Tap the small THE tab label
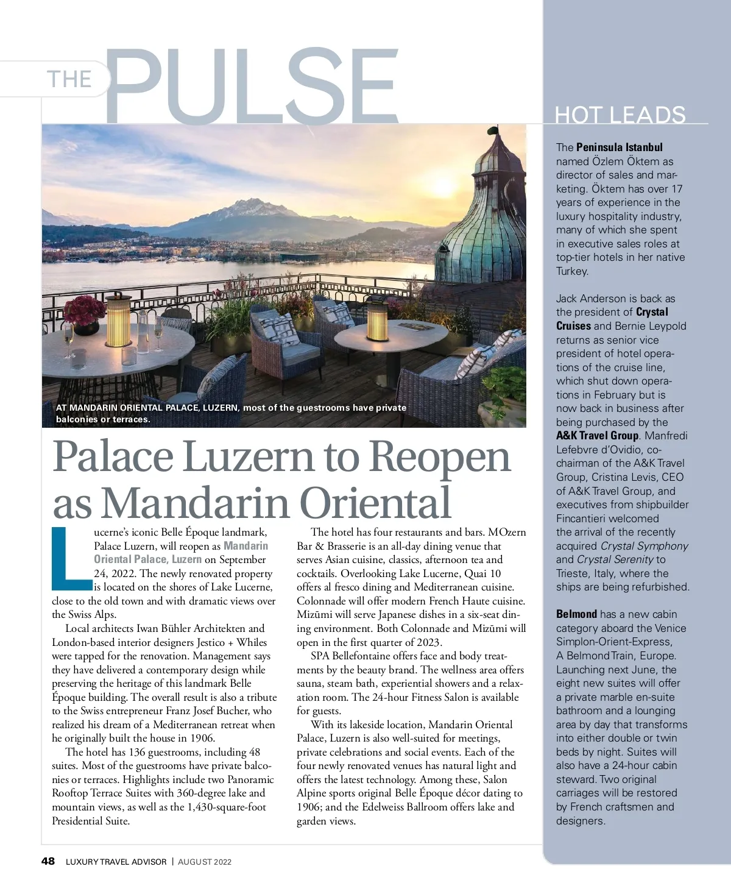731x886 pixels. pos(69,79)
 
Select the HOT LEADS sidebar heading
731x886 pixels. pos(620,115)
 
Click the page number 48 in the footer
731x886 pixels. pos(48,861)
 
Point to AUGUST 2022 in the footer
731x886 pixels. pos(205,862)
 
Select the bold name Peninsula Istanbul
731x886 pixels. pos(619,147)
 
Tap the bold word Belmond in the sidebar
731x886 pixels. pos(576,614)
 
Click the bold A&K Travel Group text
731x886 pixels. pos(597,436)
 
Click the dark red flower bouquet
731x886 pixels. pos(84,309)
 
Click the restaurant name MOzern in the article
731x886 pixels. pos(507,532)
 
